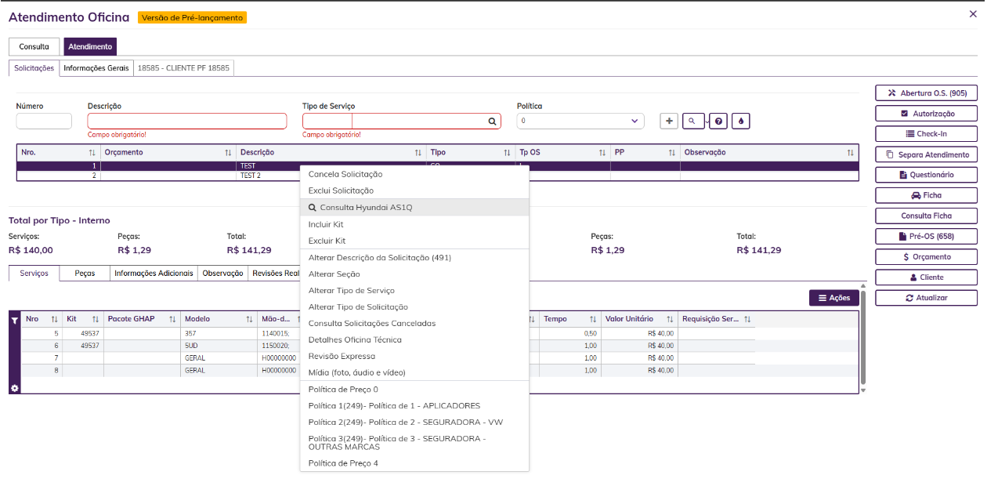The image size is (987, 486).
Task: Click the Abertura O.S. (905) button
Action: point(926,93)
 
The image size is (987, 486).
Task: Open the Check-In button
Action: point(926,134)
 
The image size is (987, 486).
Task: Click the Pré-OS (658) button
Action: point(926,237)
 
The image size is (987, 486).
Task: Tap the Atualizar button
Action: point(926,298)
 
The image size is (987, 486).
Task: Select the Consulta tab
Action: point(34,47)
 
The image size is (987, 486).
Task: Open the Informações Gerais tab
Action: point(96,68)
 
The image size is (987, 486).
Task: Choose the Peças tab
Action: point(85,274)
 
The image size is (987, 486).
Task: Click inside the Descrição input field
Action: point(187,121)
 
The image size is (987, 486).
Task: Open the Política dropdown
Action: point(580,121)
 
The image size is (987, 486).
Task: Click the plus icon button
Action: point(669,121)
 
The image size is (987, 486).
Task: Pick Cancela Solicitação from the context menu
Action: point(345,174)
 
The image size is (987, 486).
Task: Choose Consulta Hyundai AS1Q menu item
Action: point(366,207)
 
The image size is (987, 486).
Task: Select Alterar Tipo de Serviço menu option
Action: point(352,291)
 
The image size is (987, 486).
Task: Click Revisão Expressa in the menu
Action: point(342,357)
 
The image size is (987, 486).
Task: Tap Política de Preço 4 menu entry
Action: point(343,463)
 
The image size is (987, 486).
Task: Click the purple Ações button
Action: point(834,298)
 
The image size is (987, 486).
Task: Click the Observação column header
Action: point(704,153)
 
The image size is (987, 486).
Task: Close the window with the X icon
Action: point(973,14)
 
